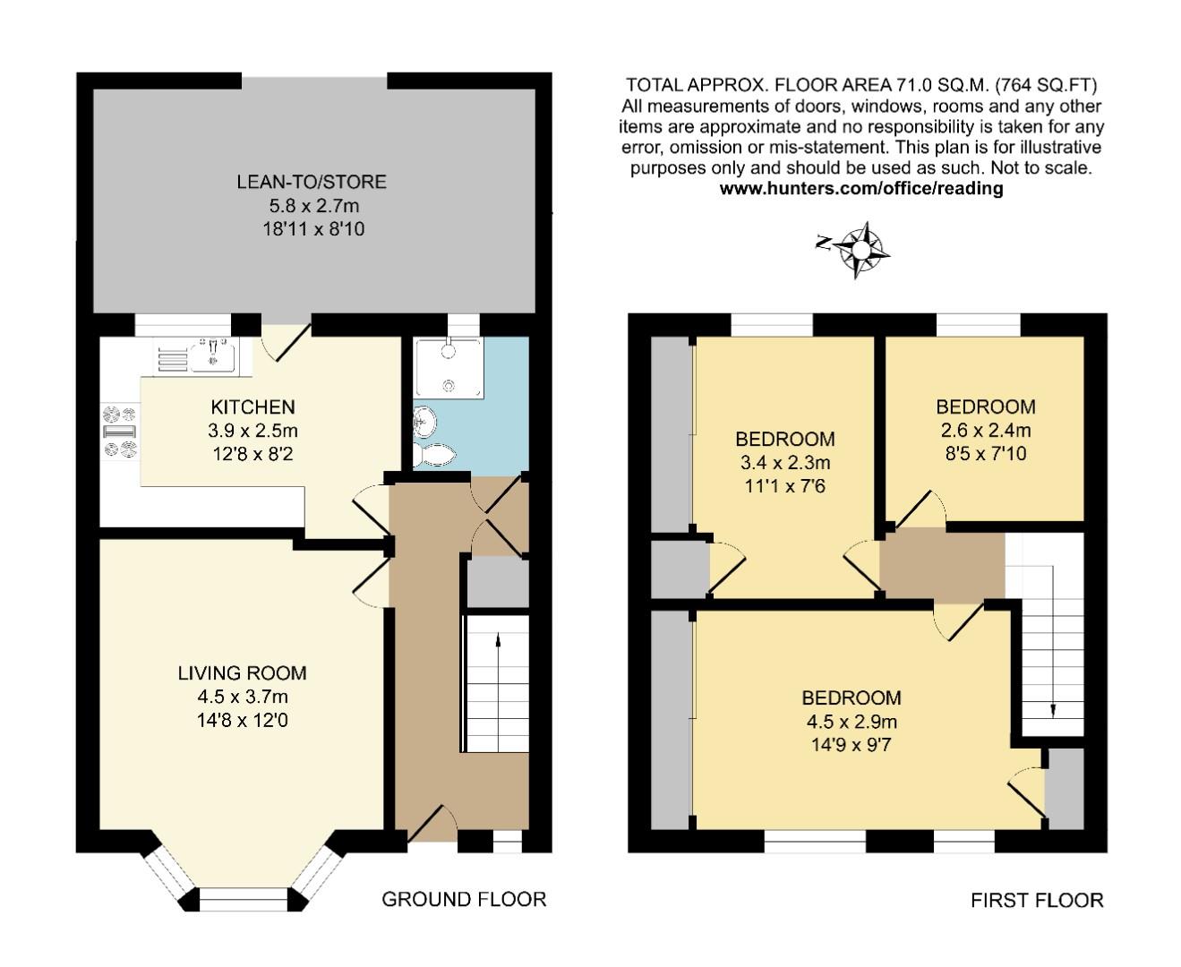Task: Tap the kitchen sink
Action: click(x=213, y=355)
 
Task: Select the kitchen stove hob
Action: click(x=120, y=431)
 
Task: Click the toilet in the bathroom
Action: click(x=432, y=454)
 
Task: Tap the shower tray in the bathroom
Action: click(x=448, y=367)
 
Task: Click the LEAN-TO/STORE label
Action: click(x=312, y=182)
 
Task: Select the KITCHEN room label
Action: click(x=252, y=407)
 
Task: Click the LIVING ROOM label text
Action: click(x=242, y=673)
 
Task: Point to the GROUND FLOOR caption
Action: click(x=464, y=899)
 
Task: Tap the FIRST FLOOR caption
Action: click(x=1037, y=900)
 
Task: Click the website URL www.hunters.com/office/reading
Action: click(x=861, y=189)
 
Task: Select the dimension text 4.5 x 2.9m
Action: click(x=852, y=721)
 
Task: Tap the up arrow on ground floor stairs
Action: click(x=498, y=641)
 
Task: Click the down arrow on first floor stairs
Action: click(x=1053, y=708)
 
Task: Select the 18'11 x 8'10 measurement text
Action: click(x=313, y=228)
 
